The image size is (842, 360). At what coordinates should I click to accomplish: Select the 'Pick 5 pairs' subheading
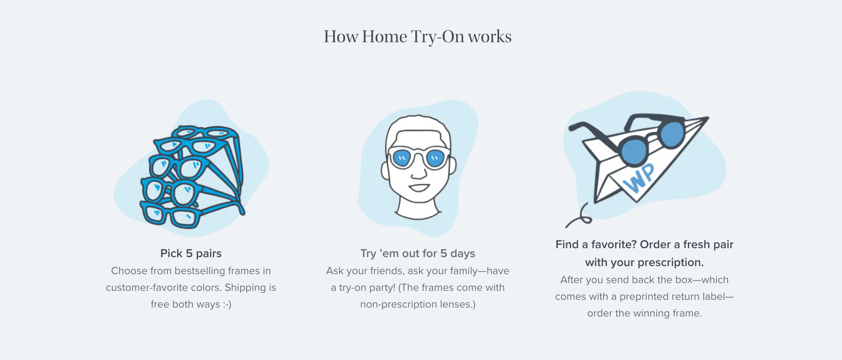(x=191, y=253)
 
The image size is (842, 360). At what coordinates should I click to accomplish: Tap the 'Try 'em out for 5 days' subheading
(x=417, y=253)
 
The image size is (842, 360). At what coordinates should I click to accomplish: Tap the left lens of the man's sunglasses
(x=402, y=158)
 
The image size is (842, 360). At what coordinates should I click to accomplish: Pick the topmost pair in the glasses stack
(x=204, y=133)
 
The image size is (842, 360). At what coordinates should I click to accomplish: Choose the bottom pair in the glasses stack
(x=170, y=216)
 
